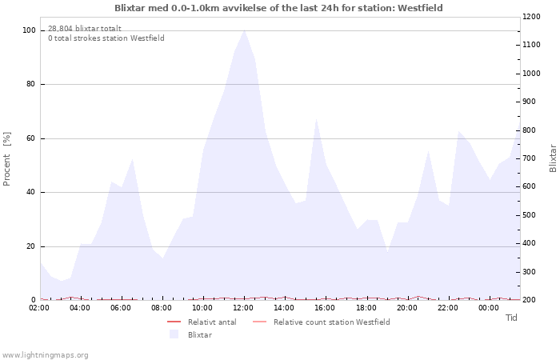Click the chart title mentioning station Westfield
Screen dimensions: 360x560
278,8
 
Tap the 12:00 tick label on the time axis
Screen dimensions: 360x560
243,307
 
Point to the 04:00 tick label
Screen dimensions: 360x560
80,307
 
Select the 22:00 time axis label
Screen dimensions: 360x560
447,307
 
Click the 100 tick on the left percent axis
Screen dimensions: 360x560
29,30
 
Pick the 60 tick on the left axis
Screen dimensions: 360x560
31,138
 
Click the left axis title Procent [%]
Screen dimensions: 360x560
7,158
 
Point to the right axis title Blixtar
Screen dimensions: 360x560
552,158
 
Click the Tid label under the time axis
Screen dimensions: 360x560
511,318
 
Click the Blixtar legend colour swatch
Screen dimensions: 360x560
174,334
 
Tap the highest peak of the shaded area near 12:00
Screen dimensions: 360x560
244,30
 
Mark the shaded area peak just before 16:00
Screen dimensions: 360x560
316,118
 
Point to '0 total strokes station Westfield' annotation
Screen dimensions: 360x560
106,38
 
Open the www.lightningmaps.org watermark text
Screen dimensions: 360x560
45,354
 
